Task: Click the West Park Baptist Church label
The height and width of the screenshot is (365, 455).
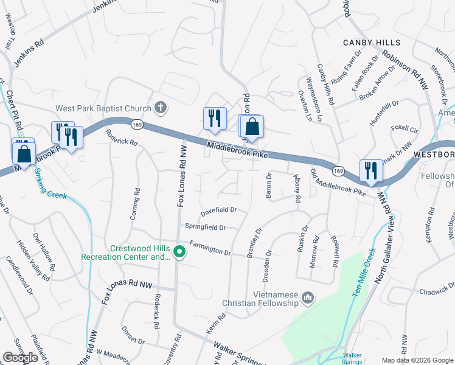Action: [x=103, y=109]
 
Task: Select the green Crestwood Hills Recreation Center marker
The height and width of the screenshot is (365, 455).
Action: [x=179, y=251]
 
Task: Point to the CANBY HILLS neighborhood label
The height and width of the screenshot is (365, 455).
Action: [x=372, y=43]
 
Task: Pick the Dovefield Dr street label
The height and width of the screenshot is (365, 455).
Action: [x=218, y=210]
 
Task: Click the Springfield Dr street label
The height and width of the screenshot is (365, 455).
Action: [x=206, y=228]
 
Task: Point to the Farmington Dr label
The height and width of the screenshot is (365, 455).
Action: [x=210, y=248]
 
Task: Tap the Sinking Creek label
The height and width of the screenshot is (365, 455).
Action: [x=47, y=188]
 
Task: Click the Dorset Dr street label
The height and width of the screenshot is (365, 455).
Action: [x=133, y=336]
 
